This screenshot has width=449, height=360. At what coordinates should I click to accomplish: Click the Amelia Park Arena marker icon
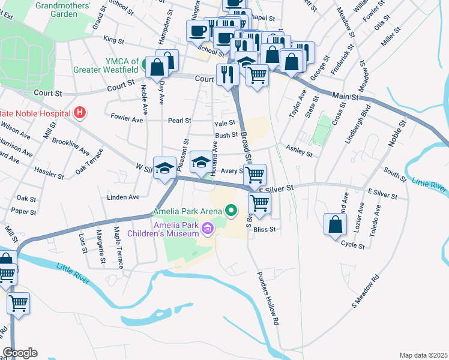(x=231, y=211)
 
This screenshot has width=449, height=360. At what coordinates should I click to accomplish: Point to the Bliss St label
(x=265, y=229)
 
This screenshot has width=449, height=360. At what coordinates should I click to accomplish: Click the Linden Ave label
(x=123, y=197)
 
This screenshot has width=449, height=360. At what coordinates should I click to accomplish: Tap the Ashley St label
(x=300, y=151)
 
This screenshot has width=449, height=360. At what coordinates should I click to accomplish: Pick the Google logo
(x=20, y=353)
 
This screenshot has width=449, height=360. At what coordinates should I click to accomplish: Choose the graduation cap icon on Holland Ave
(x=201, y=161)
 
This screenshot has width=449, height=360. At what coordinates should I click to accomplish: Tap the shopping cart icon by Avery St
(x=255, y=175)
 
